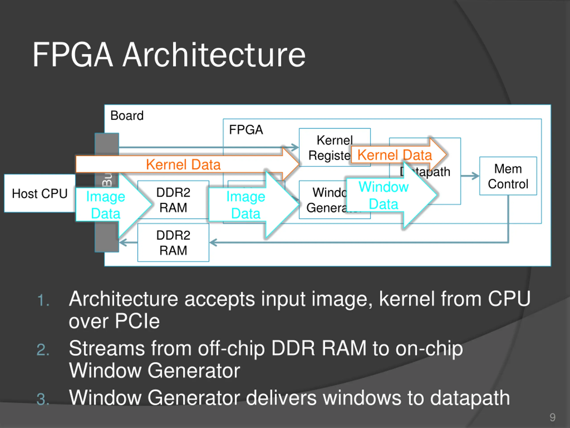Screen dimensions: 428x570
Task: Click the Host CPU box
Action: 40,193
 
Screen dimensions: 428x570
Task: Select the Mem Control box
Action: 508,176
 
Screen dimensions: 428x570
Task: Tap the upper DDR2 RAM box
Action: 173,200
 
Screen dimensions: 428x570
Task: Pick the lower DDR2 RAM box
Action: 173,243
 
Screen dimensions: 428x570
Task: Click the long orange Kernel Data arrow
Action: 183,164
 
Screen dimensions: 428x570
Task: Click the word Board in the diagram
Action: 127,115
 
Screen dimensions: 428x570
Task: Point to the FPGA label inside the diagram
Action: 246,130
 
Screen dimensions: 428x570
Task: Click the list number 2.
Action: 43,350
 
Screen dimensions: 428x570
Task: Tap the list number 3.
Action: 43,399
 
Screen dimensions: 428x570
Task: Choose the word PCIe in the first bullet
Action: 137,321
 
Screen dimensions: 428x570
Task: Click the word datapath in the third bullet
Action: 470,397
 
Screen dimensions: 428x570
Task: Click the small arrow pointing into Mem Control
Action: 470,176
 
